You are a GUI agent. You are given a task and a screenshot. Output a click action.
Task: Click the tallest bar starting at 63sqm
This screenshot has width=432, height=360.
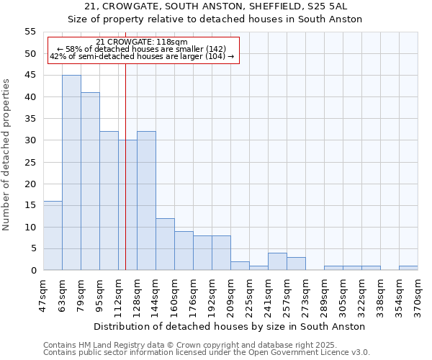point(71,173)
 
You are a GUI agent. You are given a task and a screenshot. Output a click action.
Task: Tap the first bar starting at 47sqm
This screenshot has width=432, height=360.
point(53,235)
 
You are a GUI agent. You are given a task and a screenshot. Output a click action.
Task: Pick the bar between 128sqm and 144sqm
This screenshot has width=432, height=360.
point(146,201)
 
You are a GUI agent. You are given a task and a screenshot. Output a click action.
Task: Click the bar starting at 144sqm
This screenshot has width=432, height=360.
point(165,244)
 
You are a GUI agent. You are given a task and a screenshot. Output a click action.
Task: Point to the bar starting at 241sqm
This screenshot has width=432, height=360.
point(277,262)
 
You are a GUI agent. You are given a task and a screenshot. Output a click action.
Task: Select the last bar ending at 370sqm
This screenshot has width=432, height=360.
point(408,268)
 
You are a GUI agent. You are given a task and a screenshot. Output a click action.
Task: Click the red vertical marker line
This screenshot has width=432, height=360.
point(126,180)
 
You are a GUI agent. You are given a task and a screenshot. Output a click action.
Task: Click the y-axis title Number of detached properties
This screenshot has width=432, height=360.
point(7,154)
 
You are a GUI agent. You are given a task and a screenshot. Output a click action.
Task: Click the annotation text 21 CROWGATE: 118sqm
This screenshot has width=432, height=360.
point(142,42)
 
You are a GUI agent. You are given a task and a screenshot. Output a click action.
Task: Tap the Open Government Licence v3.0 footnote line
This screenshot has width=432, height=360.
point(207,353)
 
